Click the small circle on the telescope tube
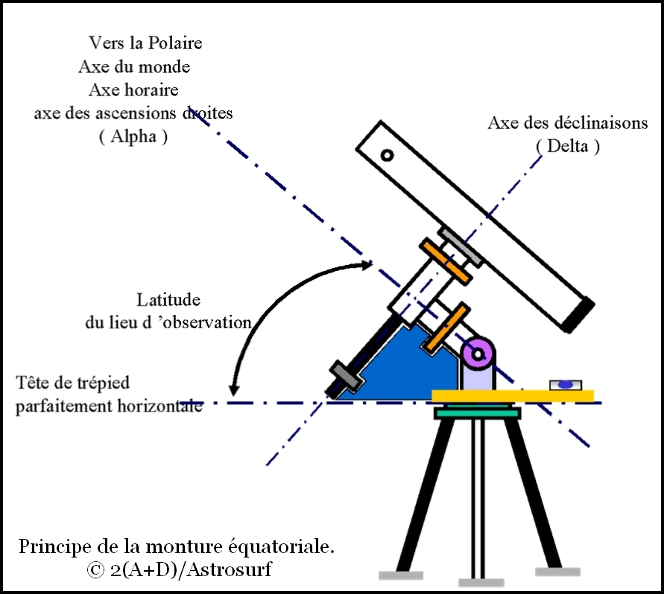point(387,156)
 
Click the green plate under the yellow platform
point(478,412)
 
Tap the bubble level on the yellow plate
point(566,384)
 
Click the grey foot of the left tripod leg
point(401,575)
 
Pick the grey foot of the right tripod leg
point(557,572)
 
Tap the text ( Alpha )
point(133,138)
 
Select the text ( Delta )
point(568,146)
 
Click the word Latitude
point(168,300)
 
